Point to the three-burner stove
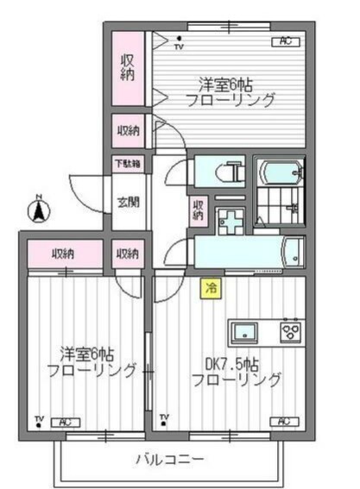tap(289, 331)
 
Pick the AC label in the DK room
tap(281, 421)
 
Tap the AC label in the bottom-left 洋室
tap(64, 421)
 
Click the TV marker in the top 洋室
tap(179, 42)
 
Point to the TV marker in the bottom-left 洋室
tap(39, 420)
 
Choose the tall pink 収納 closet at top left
tap(128, 66)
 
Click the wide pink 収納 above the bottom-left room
tap(63, 254)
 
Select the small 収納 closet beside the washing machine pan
tap(199, 209)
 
